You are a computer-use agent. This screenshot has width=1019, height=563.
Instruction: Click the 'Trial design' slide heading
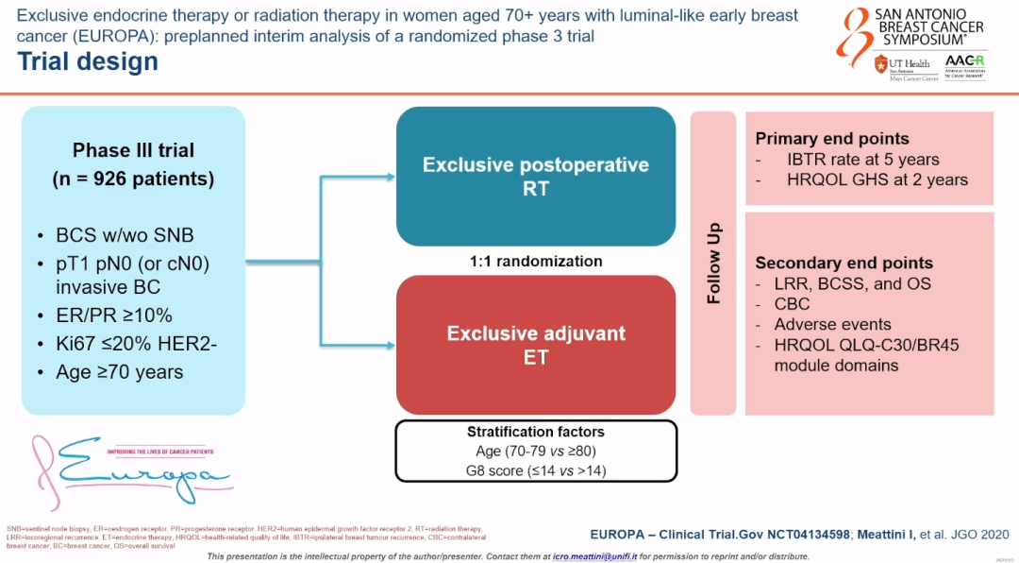88,62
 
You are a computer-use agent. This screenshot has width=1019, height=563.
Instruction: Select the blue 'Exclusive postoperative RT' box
535,177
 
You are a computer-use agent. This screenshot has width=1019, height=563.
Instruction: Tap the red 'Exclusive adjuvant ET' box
535,345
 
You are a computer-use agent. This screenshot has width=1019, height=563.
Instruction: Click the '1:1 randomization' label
536,261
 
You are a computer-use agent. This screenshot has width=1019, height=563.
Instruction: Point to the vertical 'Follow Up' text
714,264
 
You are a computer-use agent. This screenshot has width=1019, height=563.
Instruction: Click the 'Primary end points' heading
832,139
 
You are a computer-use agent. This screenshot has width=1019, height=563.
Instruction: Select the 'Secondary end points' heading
844,263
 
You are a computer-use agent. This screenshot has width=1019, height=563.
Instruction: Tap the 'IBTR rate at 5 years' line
862,160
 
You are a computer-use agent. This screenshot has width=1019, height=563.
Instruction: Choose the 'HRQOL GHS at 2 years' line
877,179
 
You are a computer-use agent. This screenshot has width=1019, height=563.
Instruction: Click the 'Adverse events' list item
831,324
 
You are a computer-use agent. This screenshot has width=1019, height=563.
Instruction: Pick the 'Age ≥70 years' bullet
119,372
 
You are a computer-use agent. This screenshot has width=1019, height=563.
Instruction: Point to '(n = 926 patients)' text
133,179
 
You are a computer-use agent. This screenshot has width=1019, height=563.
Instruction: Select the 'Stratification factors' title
536,432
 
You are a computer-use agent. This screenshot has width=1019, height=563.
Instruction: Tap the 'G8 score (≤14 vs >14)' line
536,469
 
